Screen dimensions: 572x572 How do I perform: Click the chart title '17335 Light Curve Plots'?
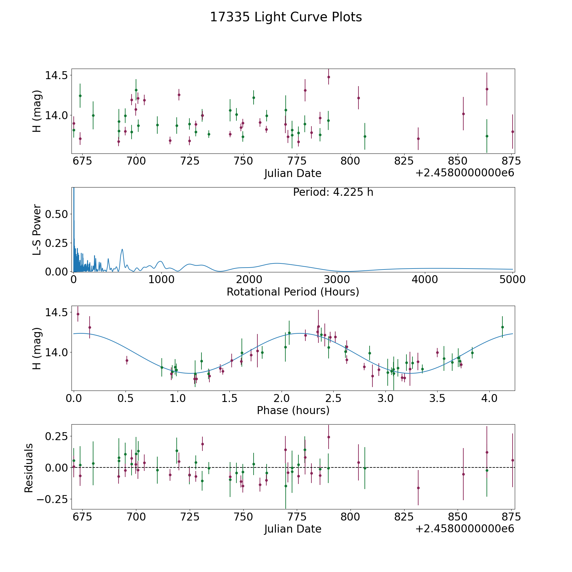286,17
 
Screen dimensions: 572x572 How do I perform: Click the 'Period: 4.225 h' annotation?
333,192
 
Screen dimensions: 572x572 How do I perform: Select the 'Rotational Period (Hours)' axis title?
293,292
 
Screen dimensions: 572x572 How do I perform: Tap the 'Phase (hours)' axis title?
293,410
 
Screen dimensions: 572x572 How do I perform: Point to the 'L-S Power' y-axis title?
37,229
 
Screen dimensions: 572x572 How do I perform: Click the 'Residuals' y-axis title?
29,468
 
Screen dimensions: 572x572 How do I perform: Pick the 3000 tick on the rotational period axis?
337,280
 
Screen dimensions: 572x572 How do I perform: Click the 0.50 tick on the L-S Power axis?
57,214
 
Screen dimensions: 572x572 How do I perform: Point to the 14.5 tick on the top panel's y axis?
57,76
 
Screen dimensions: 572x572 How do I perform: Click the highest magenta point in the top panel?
329,77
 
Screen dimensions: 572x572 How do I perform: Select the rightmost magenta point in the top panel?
513,132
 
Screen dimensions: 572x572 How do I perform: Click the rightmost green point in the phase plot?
502,327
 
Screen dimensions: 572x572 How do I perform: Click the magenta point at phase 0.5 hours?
127,360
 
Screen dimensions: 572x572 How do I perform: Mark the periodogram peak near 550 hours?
122,249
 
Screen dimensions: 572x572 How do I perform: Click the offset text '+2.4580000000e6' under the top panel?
465,173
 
